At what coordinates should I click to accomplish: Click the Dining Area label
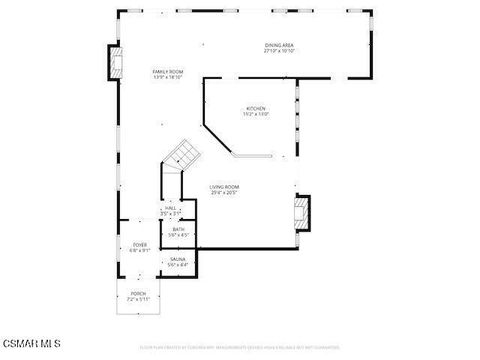279,45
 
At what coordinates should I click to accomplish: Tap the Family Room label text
167,72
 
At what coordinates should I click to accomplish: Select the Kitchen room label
256,108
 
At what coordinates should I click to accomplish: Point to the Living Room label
224,187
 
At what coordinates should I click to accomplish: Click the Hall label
171,208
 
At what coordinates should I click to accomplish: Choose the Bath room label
178,229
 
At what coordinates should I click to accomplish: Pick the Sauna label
177,259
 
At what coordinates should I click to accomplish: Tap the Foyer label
140,245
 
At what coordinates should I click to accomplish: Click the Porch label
138,294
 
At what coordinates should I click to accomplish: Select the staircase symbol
183,154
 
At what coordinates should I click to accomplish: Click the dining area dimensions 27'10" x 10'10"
279,51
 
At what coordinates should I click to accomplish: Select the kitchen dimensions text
256,114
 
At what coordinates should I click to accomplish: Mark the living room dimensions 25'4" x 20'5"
224,193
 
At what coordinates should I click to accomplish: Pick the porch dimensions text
138,300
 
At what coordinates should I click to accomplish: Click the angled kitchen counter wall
217,138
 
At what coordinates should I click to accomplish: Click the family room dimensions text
167,78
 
